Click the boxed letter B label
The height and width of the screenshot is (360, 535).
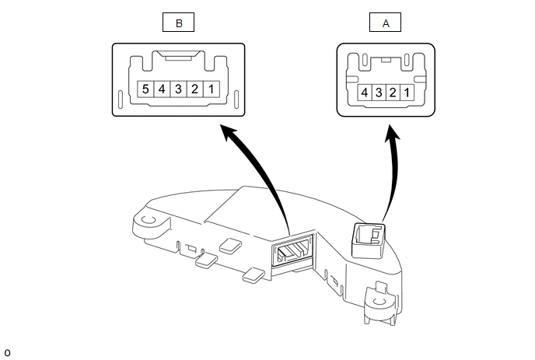tap(179, 23)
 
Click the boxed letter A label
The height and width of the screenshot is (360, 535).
tap(386, 23)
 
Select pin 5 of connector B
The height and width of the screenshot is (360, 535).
tap(145, 89)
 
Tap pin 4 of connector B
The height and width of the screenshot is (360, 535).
tap(162, 89)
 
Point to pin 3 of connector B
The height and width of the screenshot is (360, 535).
tap(179, 89)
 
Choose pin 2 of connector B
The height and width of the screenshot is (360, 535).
tap(196, 89)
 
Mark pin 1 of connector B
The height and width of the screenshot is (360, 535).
tap(213, 89)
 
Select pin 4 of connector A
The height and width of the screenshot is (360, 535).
tap(364, 93)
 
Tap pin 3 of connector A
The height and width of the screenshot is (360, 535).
tap(379, 93)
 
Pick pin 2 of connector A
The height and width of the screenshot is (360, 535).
tap(393, 93)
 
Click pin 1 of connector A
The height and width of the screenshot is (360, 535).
tap(407, 93)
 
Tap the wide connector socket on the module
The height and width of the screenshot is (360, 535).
tap(291, 251)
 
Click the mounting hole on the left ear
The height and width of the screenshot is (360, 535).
tap(148, 221)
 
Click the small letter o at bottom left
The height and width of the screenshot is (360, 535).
tap(7, 352)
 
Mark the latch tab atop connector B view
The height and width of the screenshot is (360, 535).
tap(179, 56)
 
